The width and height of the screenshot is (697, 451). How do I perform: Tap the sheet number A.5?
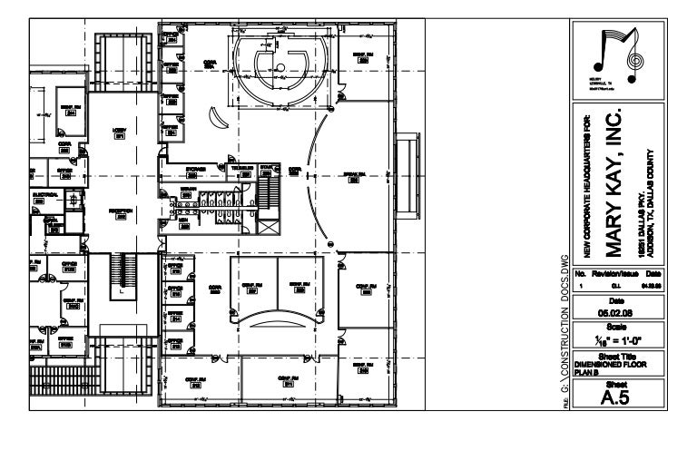pyautogui.click(x=616, y=395)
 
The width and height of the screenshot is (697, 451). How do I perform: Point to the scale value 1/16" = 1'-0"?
pyautogui.click(x=616, y=339)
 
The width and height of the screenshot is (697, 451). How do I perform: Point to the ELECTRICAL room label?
pyautogui.click(x=47, y=195)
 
